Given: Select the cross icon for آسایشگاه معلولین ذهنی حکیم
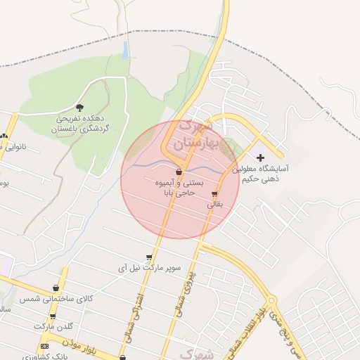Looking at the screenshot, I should (261, 157).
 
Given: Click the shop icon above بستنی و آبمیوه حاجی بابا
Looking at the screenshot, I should (179, 171).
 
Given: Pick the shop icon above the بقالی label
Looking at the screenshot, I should (214, 194).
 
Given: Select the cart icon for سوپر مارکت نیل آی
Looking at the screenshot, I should (148, 257).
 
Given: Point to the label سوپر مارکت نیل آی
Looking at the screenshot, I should (148, 269).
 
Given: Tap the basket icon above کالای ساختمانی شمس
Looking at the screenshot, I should (56, 288).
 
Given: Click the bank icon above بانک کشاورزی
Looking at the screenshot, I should (45, 346).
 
